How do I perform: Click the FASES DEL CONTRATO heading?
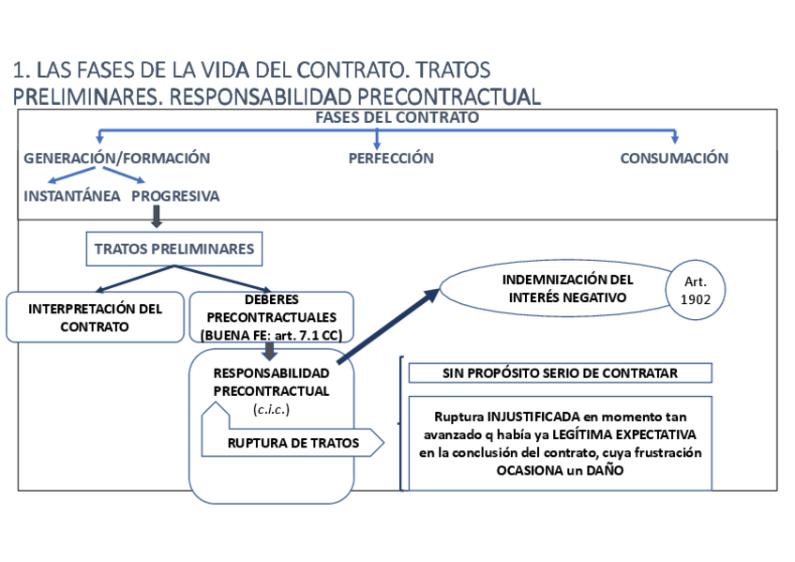(397, 118)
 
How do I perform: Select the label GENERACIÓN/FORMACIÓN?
(116, 159)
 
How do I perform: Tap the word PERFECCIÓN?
(391, 159)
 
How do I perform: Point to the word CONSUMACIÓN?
(674, 159)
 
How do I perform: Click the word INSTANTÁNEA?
(72, 196)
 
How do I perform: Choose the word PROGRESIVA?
(175, 196)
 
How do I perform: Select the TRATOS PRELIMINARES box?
(174, 250)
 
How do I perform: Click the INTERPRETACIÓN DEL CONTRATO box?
(95, 317)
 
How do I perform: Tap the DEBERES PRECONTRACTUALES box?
(271, 317)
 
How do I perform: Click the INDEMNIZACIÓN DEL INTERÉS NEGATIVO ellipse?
(553, 289)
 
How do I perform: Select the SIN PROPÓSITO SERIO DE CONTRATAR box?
(560, 372)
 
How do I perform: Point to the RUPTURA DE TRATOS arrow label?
(292, 442)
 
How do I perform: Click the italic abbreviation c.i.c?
(272, 409)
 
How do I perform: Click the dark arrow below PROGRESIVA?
(157, 217)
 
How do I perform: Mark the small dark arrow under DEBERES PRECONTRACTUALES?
(271, 351)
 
